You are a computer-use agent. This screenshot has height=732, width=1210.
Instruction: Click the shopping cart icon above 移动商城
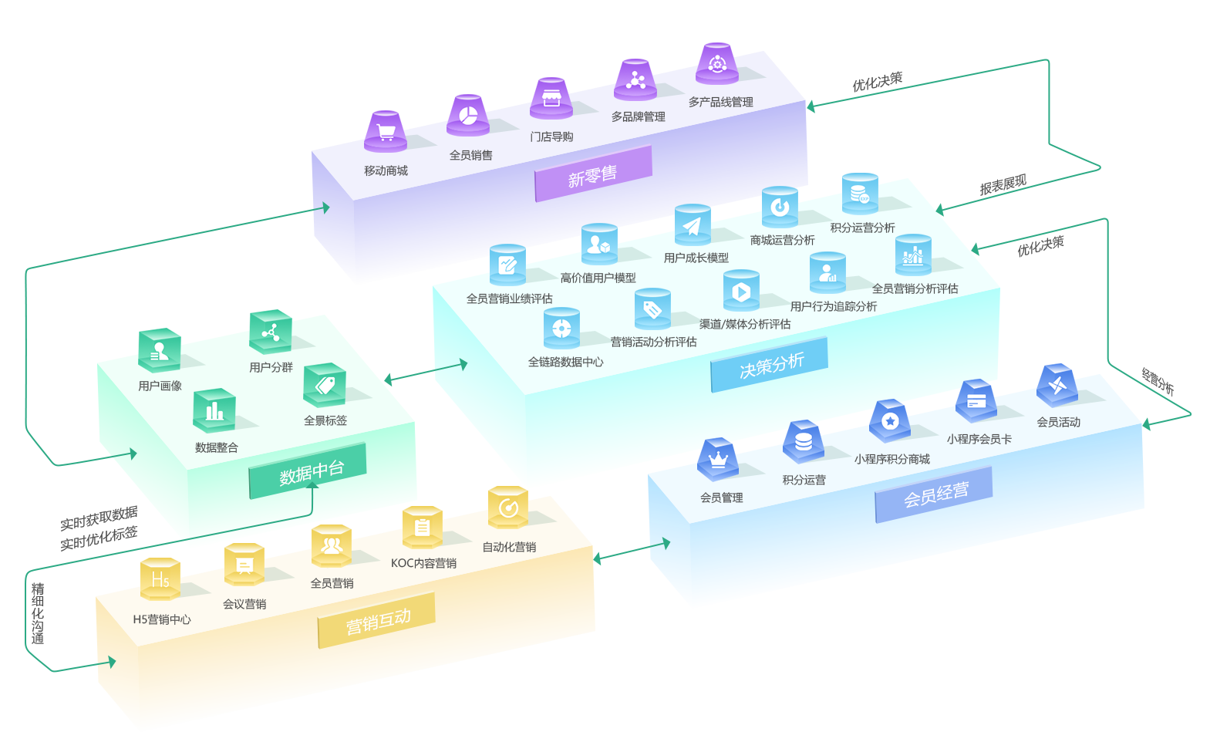(386, 132)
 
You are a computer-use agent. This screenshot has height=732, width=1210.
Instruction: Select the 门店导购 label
(551, 137)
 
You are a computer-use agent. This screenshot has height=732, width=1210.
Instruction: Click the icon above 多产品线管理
(717, 63)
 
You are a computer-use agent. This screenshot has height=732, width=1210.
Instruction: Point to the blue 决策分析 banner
(770, 365)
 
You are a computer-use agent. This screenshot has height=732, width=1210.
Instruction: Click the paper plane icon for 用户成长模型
(692, 225)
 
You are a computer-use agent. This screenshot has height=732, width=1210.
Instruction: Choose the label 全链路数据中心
(565, 362)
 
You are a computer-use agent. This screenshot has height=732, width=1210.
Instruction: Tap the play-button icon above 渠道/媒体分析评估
(741, 292)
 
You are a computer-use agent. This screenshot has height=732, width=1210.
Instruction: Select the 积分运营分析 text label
(862, 228)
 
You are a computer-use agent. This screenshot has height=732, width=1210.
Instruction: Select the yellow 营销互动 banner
(377, 621)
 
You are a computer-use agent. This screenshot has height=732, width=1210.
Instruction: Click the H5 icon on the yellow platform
(160, 579)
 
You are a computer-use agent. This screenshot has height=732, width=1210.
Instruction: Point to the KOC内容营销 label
(423, 563)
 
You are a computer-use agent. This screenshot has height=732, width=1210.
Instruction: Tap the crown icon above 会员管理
(718, 460)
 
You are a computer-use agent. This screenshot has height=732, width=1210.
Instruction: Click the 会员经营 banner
(935, 495)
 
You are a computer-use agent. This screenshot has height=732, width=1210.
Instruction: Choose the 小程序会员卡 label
(979, 439)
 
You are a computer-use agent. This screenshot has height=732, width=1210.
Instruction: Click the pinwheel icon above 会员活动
(1057, 385)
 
